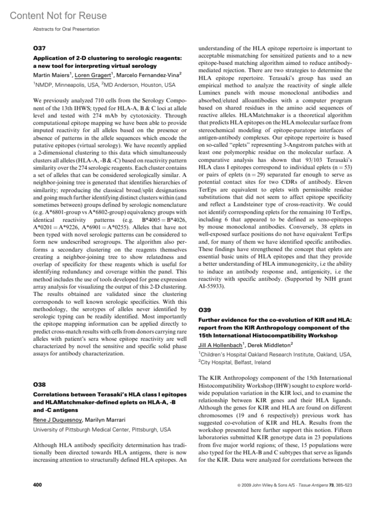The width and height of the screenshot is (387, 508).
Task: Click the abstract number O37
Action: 39,48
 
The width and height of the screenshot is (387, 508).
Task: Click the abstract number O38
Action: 39,384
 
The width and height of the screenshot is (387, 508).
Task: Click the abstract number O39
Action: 204,310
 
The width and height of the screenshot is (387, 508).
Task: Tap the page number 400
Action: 37,485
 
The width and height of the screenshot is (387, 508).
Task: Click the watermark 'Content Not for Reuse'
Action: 58,15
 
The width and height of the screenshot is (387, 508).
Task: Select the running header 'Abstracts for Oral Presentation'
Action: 66,29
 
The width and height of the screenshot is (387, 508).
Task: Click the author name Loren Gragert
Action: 93,75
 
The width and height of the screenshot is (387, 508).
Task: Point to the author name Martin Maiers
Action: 51,75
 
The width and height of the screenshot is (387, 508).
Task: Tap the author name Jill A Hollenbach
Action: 220,345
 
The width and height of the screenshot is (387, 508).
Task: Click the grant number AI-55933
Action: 211,286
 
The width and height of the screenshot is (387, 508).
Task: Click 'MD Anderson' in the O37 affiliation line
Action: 122,85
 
